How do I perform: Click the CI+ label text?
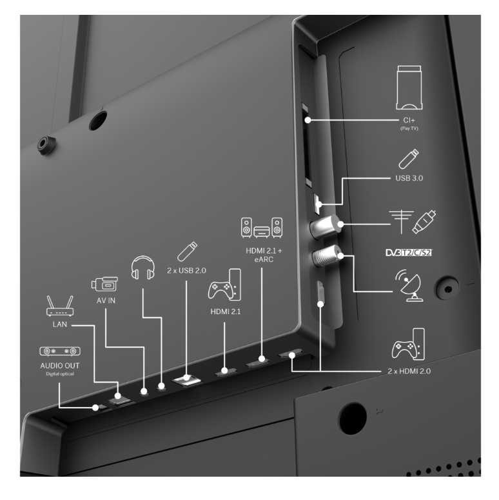pyautogui.click(x=409, y=120)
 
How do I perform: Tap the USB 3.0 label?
pyautogui.click(x=409, y=178)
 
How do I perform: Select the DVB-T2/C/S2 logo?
pyautogui.click(x=409, y=252)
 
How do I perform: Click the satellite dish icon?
pyautogui.click(x=410, y=285)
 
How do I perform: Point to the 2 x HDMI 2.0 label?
pyautogui.click(x=409, y=371)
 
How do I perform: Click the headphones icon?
pyautogui.click(x=142, y=268)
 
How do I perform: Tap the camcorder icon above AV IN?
pyautogui.click(x=104, y=284)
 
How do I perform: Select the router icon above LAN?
pyautogui.click(x=60, y=306)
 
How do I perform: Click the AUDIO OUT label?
pyautogui.click(x=60, y=366)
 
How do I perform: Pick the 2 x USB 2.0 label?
pyautogui.click(x=187, y=271)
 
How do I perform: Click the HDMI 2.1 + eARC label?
pyautogui.click(x=264, y=255)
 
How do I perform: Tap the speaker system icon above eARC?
pyautogui.click(x=262, y=228)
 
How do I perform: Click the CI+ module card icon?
pyautogui.click(x=409, y=88)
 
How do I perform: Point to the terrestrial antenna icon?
pyautogui.click(x=401, y=222)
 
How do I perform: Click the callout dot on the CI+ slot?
pyautogui.click(x=308, y=120)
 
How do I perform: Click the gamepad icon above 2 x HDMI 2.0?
pyautogui.click(x=408, y=345)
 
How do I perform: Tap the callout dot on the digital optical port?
pyautogui.click(x=95, y=408)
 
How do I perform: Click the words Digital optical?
pyautogui.click(x=60, y=374)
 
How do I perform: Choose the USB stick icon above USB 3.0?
pyautogui.click(x=409, y=159)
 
